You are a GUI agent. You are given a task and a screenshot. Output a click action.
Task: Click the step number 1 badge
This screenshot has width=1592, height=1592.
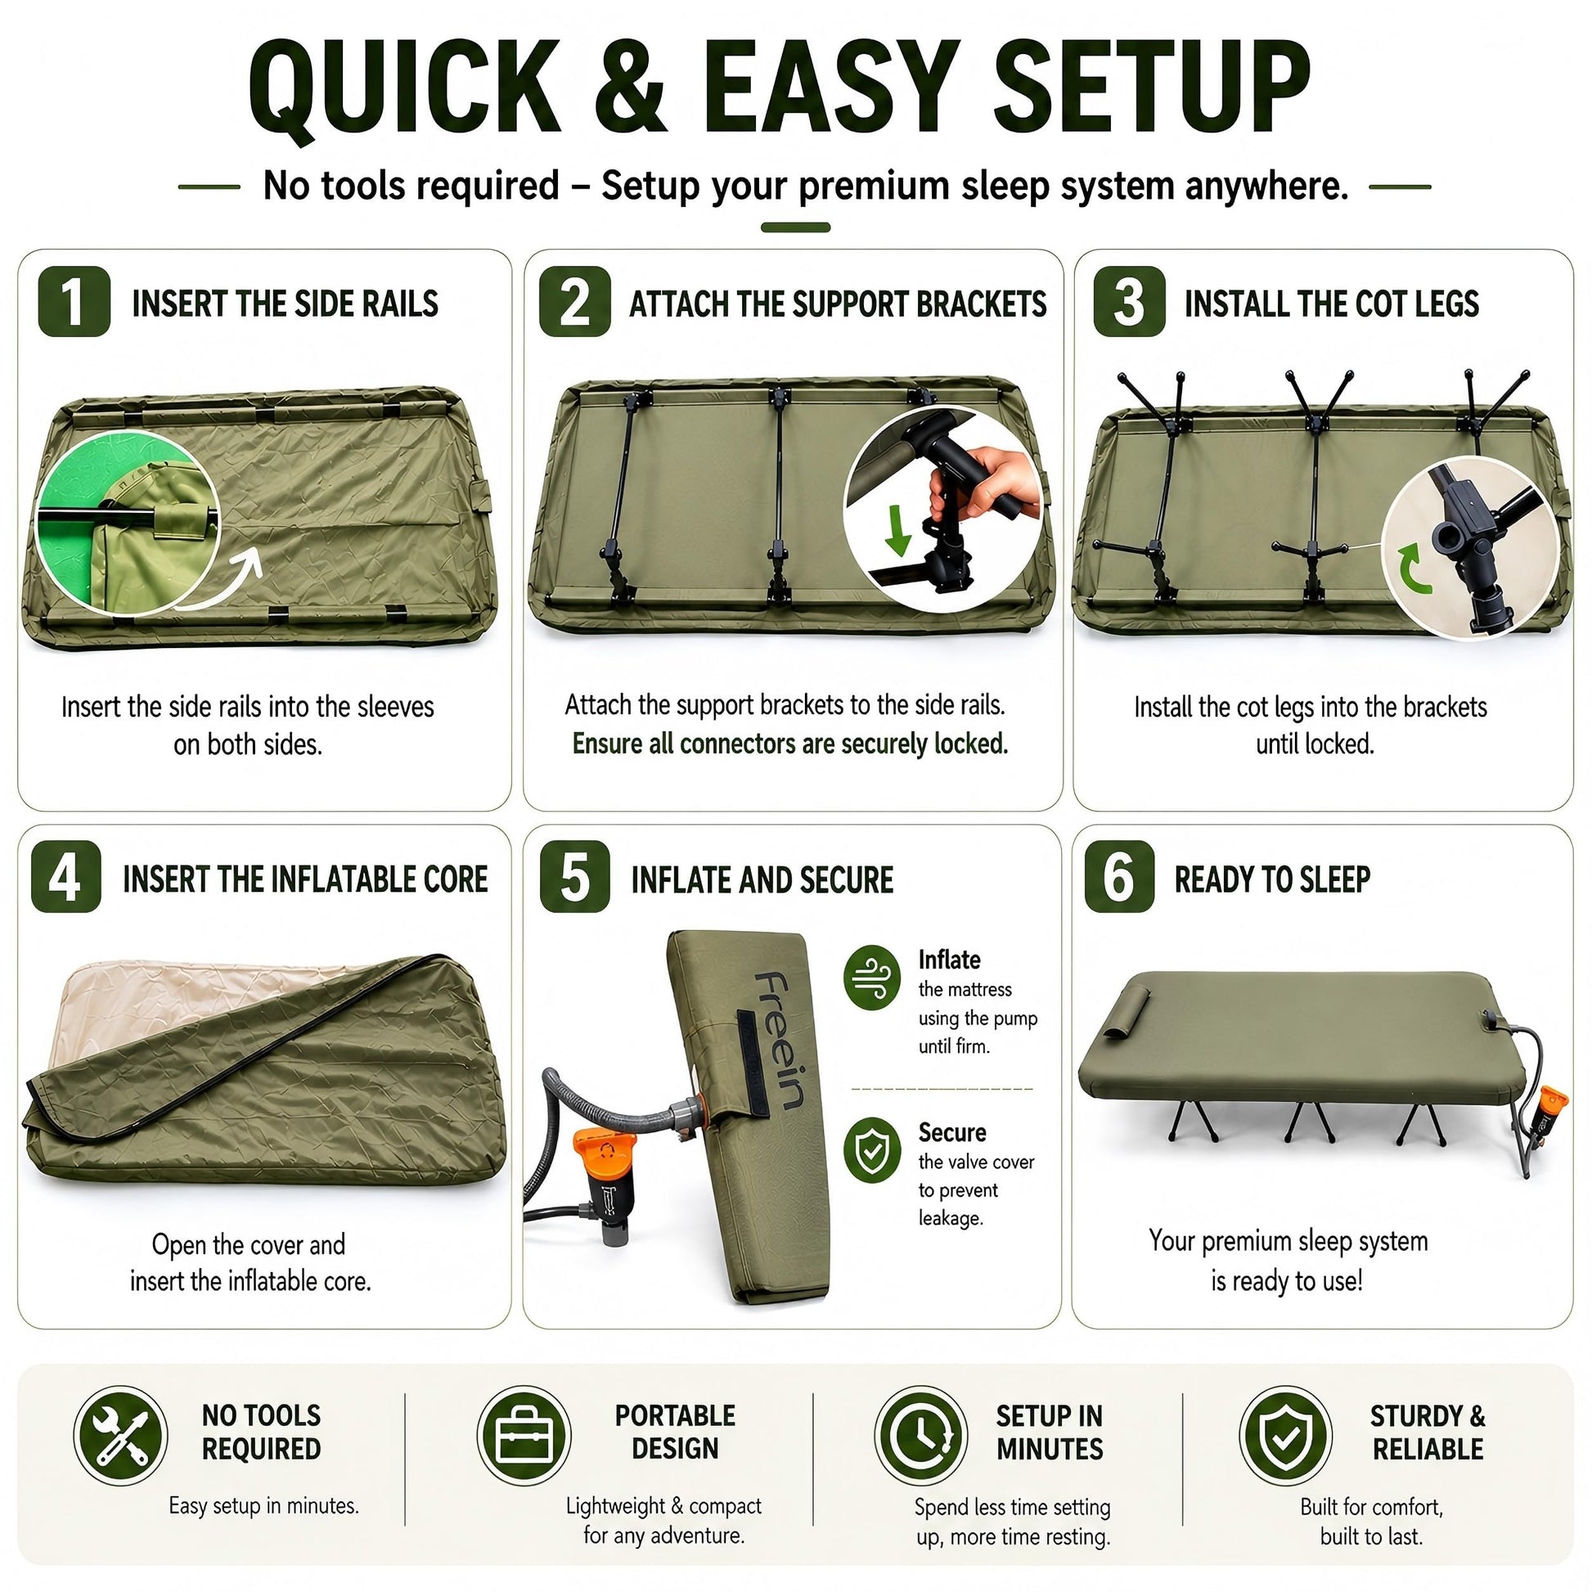coord(74,302)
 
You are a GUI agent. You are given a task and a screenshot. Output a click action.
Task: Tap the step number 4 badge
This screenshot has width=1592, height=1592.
coord(66,877)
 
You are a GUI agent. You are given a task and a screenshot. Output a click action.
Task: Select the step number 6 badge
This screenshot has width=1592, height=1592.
coord(1119,877)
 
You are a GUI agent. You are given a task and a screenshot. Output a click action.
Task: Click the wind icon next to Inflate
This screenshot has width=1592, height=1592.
coord(873,978)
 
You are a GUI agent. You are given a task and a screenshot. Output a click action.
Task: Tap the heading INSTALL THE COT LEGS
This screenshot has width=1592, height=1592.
coord(1332,304)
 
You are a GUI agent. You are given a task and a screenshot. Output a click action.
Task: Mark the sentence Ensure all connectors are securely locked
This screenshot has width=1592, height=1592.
coord(790,744)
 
